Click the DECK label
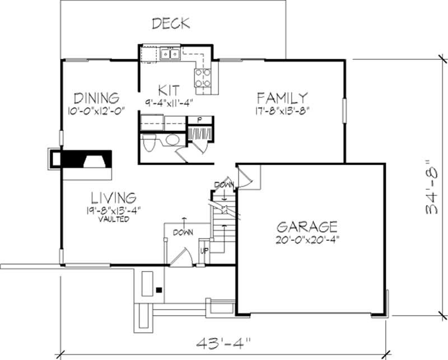[x=171, y=24]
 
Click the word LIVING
[x=113, y=198]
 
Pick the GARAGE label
[x=307, y=227]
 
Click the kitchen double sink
[x=169, y=54]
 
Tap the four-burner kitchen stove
[x=203, y=77]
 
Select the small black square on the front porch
[x=159, y=291]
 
